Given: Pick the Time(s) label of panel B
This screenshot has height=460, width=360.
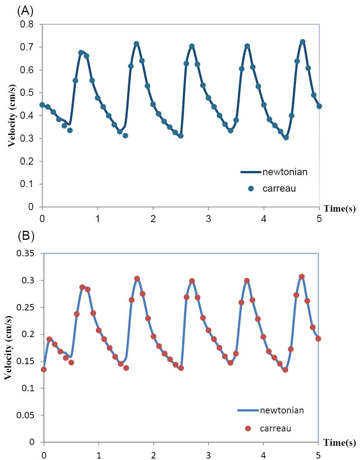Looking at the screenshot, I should point(341,443).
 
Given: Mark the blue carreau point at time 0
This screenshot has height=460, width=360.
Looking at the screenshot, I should point(42,105).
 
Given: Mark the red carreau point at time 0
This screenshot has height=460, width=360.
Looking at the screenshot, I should point(44,369).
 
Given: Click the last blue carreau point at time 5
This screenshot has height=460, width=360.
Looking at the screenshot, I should point(319,106).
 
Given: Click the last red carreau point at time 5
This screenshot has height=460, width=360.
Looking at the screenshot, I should point(318,339).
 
